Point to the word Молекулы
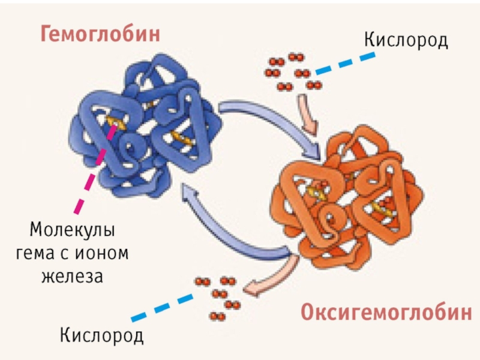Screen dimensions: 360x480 (x=72, y=230)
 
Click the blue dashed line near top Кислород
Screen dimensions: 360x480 (x=345, y=63)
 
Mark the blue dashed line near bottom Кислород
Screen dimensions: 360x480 (x=162, y=306)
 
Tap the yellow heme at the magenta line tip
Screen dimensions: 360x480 (x=115, y=125)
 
